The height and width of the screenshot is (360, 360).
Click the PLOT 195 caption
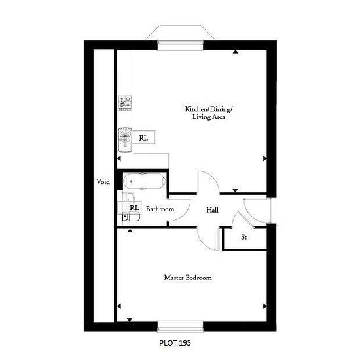[x=175, y=343]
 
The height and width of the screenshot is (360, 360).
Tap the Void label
[x=103, y=181]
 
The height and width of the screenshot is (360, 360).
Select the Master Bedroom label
[x=188, y=278]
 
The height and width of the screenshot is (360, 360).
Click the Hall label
[x=212, y=210]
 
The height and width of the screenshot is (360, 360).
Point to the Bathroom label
[x=160, y=209]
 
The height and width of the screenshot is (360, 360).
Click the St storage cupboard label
[x=244, y=237]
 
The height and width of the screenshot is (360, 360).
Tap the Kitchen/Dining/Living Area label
[x=209, y=113]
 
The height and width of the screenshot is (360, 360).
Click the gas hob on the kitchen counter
[x=125, y=103]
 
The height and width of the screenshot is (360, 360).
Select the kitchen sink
[x=125, y=140]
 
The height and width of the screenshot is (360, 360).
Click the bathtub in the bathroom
[x=144, y=181]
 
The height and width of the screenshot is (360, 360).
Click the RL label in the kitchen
[x=143, y=138]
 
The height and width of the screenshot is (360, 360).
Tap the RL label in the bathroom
[x=134, y=207]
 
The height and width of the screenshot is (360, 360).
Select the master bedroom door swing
[x=205, y=245]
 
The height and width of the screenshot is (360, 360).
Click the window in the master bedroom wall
[x=180, y=327]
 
